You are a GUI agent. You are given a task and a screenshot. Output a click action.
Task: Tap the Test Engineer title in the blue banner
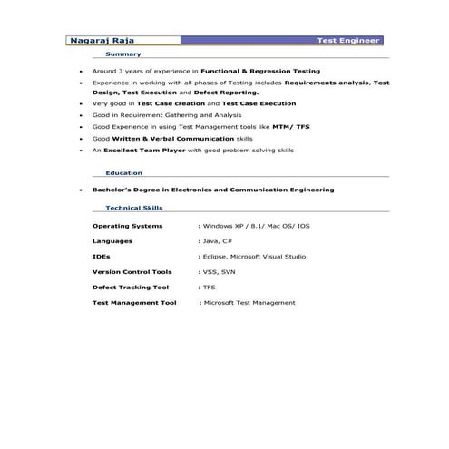coord(348,41)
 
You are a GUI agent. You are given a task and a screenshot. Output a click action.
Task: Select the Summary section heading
coord(122,54)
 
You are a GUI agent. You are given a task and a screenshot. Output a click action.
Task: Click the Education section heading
coord(123,172)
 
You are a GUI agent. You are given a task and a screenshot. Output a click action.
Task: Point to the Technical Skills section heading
coord(133,207)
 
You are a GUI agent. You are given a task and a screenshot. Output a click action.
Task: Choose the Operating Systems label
coord(128,224)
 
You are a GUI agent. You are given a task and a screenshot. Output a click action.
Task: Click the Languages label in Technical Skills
coord(112,241)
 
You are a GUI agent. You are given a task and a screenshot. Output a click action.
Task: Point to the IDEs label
coord(102,256)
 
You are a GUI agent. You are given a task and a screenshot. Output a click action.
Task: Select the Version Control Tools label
coord(132,271)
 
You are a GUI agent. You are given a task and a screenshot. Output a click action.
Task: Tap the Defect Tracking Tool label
coord(130,287)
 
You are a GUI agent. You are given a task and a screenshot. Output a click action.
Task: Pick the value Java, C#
coord(218,241)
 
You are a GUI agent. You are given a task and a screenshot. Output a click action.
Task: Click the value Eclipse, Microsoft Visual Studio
coord(249,256)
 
